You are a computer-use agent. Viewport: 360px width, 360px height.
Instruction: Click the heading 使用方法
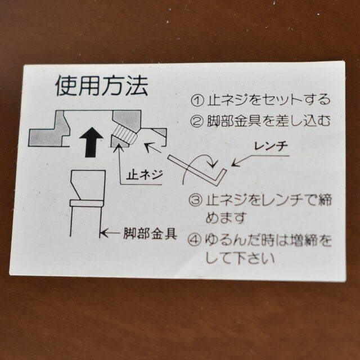pyautogui.click(x=102, y=85)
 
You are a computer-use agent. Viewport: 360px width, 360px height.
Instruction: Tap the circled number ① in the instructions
pyautogui.click(x=197, y=100)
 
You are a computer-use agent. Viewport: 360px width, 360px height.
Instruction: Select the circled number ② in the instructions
pyautogui.click(x=197, y=121)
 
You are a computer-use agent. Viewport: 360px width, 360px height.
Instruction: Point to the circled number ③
pyautogui.click(x=195, y=200)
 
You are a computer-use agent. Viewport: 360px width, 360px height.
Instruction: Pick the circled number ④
pyautogui.click(x=195, y=240)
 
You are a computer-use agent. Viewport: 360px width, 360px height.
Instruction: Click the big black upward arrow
pyautogui.click(x=91, y=142)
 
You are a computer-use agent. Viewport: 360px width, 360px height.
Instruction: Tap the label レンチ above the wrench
pyautogui.click(x=271, y=146)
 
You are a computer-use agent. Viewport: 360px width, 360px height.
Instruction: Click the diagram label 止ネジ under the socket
pyautogui.click(x=145, y=175)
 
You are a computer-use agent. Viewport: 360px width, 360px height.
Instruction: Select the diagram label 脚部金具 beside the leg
pyautogui.click(x=150, y=233)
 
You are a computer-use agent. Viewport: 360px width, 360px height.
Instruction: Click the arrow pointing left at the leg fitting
pyautogui.click(x=110, y=233)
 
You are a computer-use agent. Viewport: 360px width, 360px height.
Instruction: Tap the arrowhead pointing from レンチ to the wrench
pyautogui.click(x=235, y=163)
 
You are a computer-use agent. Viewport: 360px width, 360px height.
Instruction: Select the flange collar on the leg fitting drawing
pyautogui.click(x=87, y=203)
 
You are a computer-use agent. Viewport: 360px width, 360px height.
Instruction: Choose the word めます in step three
pyautogui.click(x=226, y=218)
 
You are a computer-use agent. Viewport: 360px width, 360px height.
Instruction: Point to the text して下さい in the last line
pyautogui.click(x=240, y=258)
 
